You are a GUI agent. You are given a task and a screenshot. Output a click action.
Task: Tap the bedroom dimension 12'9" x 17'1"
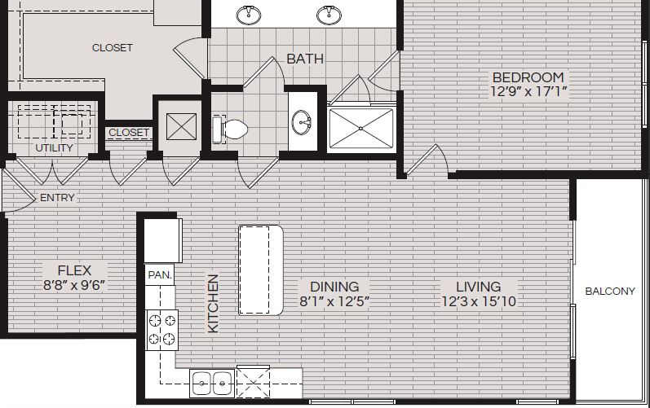click(528, 92)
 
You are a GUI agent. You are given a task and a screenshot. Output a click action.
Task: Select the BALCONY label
click(610, 292)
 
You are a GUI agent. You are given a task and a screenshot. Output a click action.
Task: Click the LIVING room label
click(478, 287)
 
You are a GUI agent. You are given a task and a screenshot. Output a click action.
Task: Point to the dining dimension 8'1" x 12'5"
click(334, 301)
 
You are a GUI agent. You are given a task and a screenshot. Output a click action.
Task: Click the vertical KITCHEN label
click(213, 302)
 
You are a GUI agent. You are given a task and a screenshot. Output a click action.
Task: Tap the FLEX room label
click(74, 270)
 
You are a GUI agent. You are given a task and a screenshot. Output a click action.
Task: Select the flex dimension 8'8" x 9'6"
click(74, 285)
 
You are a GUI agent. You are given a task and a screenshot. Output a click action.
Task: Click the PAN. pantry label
click(160, 275)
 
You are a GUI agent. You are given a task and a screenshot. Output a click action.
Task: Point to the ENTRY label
click(56, 198)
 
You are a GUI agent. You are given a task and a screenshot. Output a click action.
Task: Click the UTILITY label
click(55, 148)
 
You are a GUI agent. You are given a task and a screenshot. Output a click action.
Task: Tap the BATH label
click(305, 59)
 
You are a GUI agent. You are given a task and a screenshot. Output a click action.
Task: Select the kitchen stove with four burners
click(161, 330)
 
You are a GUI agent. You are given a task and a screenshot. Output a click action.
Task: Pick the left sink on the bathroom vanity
click(249, 14)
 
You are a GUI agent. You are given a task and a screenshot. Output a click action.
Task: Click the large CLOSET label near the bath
click(112, 47)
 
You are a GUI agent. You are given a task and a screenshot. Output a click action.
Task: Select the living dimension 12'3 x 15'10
click(478, 301)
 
